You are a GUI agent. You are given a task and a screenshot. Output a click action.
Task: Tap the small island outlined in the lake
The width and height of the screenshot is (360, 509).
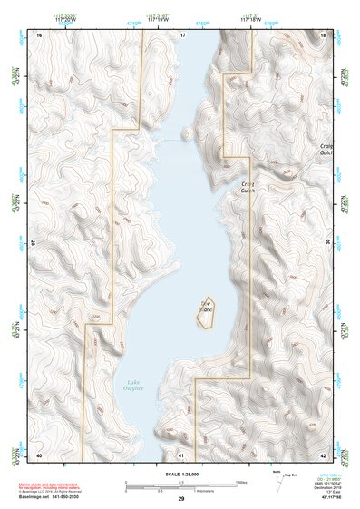[205, 310]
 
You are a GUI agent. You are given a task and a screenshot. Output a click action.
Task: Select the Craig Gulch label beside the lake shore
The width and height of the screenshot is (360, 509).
[248, 186]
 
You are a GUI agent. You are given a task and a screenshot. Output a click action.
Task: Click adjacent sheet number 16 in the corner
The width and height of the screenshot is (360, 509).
[39, 34]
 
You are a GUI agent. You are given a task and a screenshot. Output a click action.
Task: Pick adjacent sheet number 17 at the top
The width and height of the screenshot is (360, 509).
[182, 34]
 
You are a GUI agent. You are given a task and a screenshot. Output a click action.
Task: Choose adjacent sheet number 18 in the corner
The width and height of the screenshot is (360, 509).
[324, 34]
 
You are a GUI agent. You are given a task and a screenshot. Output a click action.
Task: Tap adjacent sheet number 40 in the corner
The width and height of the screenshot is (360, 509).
[39, 455]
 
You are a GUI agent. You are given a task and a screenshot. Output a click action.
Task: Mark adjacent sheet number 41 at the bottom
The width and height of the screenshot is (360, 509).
[181, 455]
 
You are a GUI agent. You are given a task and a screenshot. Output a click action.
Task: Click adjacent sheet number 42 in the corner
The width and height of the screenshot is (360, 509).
[324, 455]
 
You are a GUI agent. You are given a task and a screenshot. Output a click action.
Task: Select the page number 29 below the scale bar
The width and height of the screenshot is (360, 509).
[181, 500]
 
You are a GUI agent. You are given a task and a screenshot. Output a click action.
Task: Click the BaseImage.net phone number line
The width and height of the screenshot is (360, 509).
[54, 495]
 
